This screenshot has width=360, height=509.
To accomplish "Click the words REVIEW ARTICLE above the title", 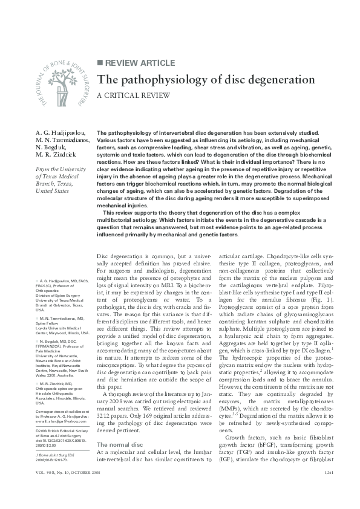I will click(140, 63).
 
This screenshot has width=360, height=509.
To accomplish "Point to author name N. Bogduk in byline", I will click(53, 147).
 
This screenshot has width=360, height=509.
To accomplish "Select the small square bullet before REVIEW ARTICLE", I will click(100, 63).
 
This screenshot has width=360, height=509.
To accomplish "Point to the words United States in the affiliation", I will click(55, 190).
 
